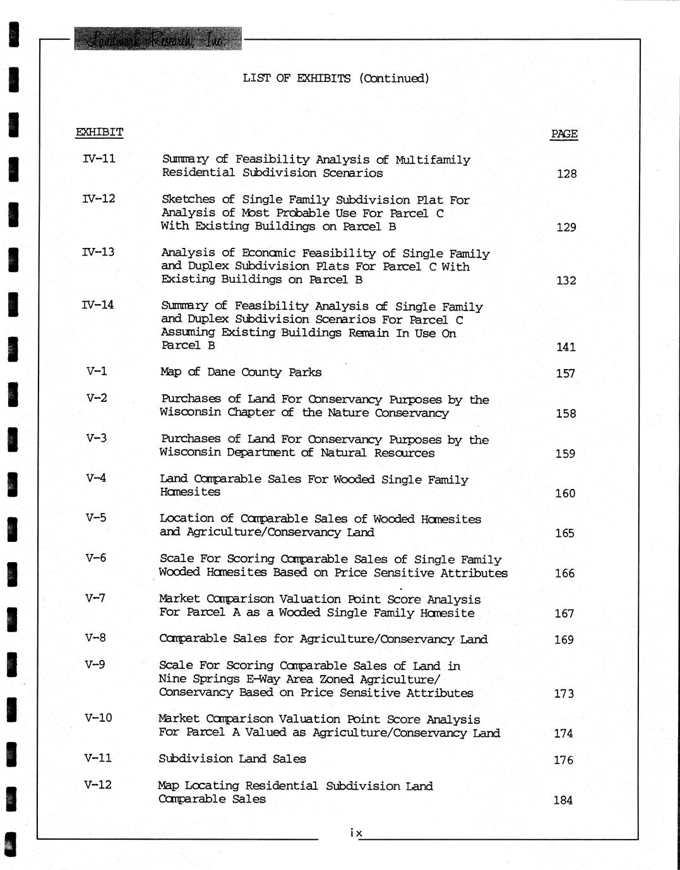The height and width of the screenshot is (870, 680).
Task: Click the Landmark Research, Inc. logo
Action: click(158, 39)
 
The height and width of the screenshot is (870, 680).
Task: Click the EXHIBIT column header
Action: click(99, 132)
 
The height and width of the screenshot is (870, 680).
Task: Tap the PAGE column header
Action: click(564, 134)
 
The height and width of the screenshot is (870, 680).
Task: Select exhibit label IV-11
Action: click(99, 158)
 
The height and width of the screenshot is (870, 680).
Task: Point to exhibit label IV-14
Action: click(98, 305)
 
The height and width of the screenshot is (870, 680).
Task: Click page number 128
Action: click(566, 173)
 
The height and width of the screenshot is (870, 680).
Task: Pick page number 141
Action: click(566, 346)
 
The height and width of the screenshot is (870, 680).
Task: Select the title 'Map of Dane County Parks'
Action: click(241, 372)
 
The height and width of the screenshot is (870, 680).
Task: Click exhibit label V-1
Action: click(97, 371)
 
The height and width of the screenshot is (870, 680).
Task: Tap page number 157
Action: click(565, 373)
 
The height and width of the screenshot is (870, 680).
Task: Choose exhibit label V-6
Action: click(96, 558)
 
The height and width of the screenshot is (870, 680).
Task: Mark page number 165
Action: click(564, 533)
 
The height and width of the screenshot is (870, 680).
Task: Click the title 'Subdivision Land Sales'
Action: click(232, 759)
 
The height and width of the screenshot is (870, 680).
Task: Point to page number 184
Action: click(563, 800)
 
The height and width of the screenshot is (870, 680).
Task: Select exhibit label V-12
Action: click(98, 785)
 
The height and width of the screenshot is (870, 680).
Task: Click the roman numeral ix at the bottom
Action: click(356, 833)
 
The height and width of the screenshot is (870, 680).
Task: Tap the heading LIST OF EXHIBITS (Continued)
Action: click(336, 78)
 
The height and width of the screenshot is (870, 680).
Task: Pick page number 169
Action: click(564, 640)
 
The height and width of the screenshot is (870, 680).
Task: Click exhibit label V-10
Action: click(98, 718)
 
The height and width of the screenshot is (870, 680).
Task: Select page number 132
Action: click(566, 280)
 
